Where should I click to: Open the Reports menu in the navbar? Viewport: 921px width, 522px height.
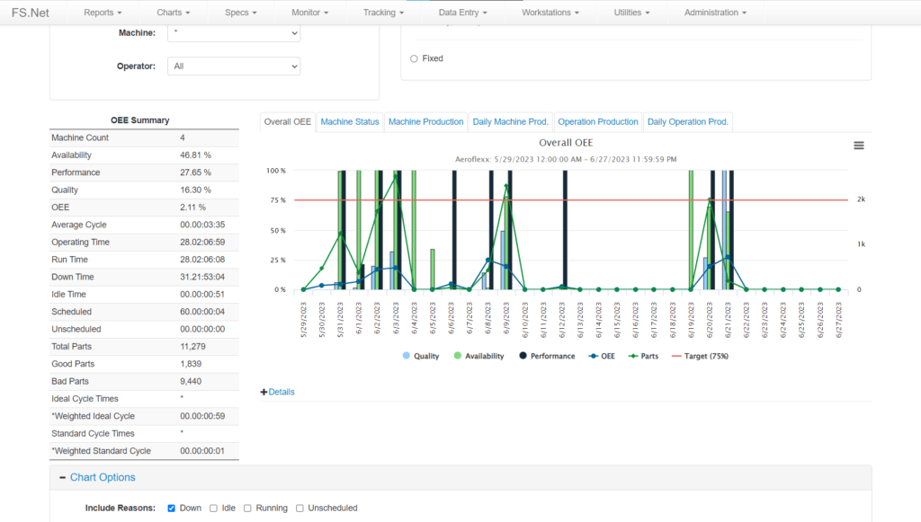click(x=102, y=13)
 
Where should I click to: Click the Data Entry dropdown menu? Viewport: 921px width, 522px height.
click(x=463, y=13)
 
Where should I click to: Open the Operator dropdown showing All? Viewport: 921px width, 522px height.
click(x=234, y=66)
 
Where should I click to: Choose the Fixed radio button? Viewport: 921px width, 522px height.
click(x=414, y=59)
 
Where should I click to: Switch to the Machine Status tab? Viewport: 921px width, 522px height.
click(x=349, y=122)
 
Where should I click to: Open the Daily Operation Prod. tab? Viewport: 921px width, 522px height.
click(x=687, y=122)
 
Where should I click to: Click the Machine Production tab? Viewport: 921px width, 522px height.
click(x=425, y=122)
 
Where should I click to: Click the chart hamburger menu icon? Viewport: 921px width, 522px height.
click(x=859, y=146)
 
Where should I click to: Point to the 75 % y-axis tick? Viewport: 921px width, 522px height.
click(x=277, y=200)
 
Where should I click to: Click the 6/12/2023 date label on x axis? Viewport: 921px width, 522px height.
click(x=562, y=319)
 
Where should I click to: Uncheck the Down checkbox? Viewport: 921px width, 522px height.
click(x=171, y=509)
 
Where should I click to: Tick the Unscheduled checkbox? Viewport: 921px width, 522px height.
click(x=300, y=509)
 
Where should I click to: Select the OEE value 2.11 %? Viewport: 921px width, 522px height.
click(x=193, y=208)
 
